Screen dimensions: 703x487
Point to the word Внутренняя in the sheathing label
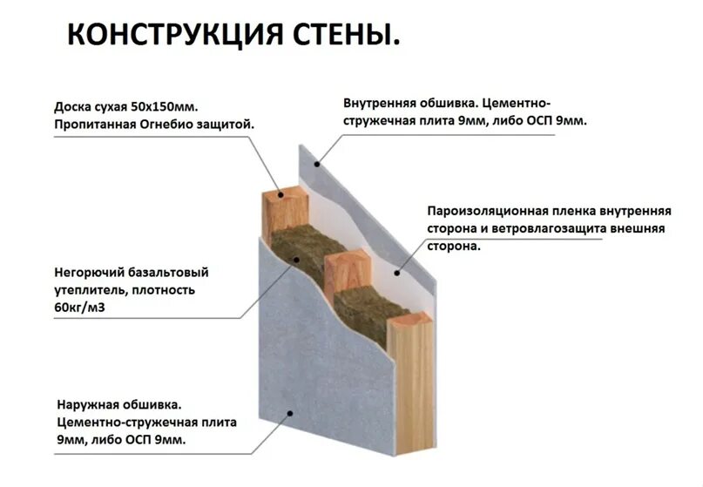pyautogui.click(x=382, y=103)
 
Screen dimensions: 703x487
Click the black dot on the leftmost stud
pyautogui.click(x=281, y=193)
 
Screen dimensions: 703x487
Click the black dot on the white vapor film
pyautogui.click(x=397, y=274)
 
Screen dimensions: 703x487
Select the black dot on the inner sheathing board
pyautogui.click(x=318, y=162)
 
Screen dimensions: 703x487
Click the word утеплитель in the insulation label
pyautogui.click(x=87, y=290)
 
